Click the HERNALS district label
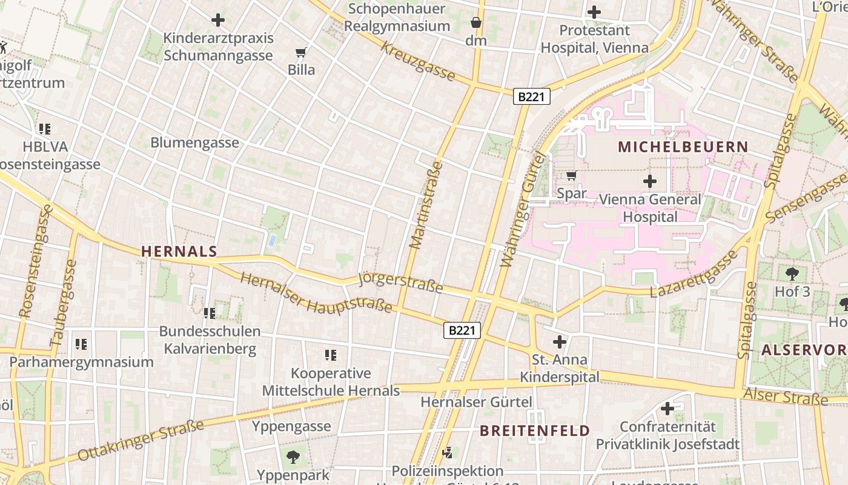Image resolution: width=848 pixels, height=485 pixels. (x=179, y=252)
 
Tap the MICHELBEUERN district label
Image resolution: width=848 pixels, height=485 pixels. (x=683, y=147)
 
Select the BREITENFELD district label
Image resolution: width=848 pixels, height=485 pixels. (x=535, y=431)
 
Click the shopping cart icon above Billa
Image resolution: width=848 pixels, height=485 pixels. (x=301, y=52)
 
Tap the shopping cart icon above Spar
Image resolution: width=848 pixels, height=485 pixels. (x=571, y=176)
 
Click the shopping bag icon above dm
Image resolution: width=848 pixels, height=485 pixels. (x=476, y=23)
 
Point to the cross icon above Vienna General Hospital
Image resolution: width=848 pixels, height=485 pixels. (x=650, y=181)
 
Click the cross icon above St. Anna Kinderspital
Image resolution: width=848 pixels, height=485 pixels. (x=560, y=342)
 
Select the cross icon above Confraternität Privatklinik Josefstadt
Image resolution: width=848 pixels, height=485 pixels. (x=667, y=409)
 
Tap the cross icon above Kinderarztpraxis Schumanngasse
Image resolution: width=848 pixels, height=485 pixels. (x=218, y=20)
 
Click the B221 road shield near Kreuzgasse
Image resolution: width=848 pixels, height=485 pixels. (x=531, y=96)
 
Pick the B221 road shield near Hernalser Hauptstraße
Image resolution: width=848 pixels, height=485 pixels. (x=463, y=330)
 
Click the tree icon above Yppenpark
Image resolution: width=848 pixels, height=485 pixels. (x=293, y=457)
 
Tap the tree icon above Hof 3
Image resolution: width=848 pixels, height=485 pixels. (x=792, y=273)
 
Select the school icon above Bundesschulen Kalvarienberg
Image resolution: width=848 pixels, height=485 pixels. (x=210, y=313)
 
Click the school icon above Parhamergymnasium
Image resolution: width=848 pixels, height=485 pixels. (x=81, y=344)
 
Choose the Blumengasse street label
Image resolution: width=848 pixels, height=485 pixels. (x=194, y=142)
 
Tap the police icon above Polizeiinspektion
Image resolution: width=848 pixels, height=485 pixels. (x=448, y=452)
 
